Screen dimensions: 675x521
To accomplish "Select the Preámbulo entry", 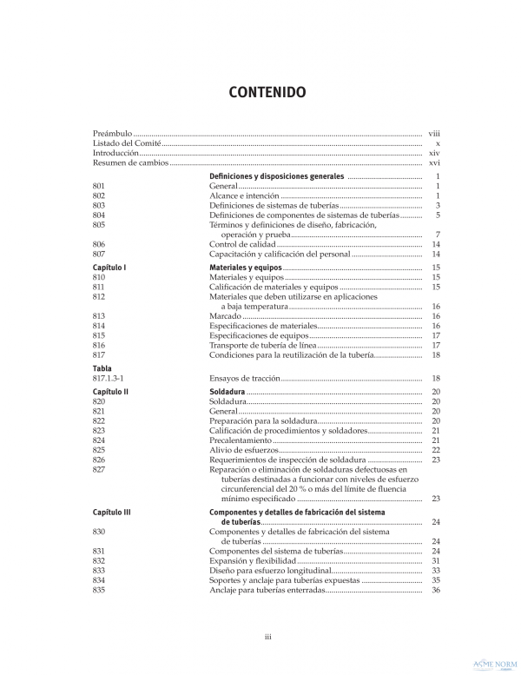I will click(x=113, y=133).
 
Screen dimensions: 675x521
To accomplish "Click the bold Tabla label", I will click(x=102, y=368).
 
